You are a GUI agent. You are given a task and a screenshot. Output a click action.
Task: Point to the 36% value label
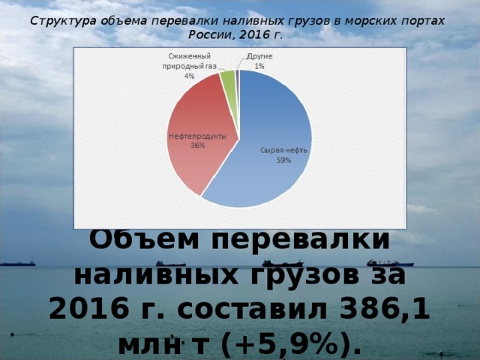coord(197,145)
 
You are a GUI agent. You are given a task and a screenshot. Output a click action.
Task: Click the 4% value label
coord(189,76)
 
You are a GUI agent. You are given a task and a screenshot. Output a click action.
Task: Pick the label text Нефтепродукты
coord(197,136)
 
